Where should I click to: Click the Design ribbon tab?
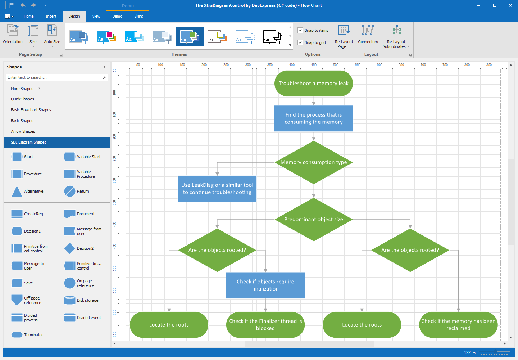(74, 16)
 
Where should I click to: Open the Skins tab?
(138, 16)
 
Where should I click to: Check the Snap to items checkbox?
(300, 30)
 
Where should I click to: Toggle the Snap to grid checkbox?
(300, 42)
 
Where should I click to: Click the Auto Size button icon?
(52, 30)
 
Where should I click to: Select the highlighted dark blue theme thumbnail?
(190, 36)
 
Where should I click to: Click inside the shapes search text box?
(54, 77)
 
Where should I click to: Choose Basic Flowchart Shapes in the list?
(31, 110)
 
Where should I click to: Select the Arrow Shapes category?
(23, 131)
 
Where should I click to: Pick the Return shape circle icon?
(70, 191)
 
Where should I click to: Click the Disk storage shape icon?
(70, 300)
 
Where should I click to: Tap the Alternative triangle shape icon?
(17, 192)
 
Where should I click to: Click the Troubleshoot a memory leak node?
(313, 83)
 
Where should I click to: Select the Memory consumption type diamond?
(313, 162)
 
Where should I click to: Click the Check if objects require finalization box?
(265, 285)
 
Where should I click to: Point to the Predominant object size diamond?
(313, 219)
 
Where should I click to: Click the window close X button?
(510, 5)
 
